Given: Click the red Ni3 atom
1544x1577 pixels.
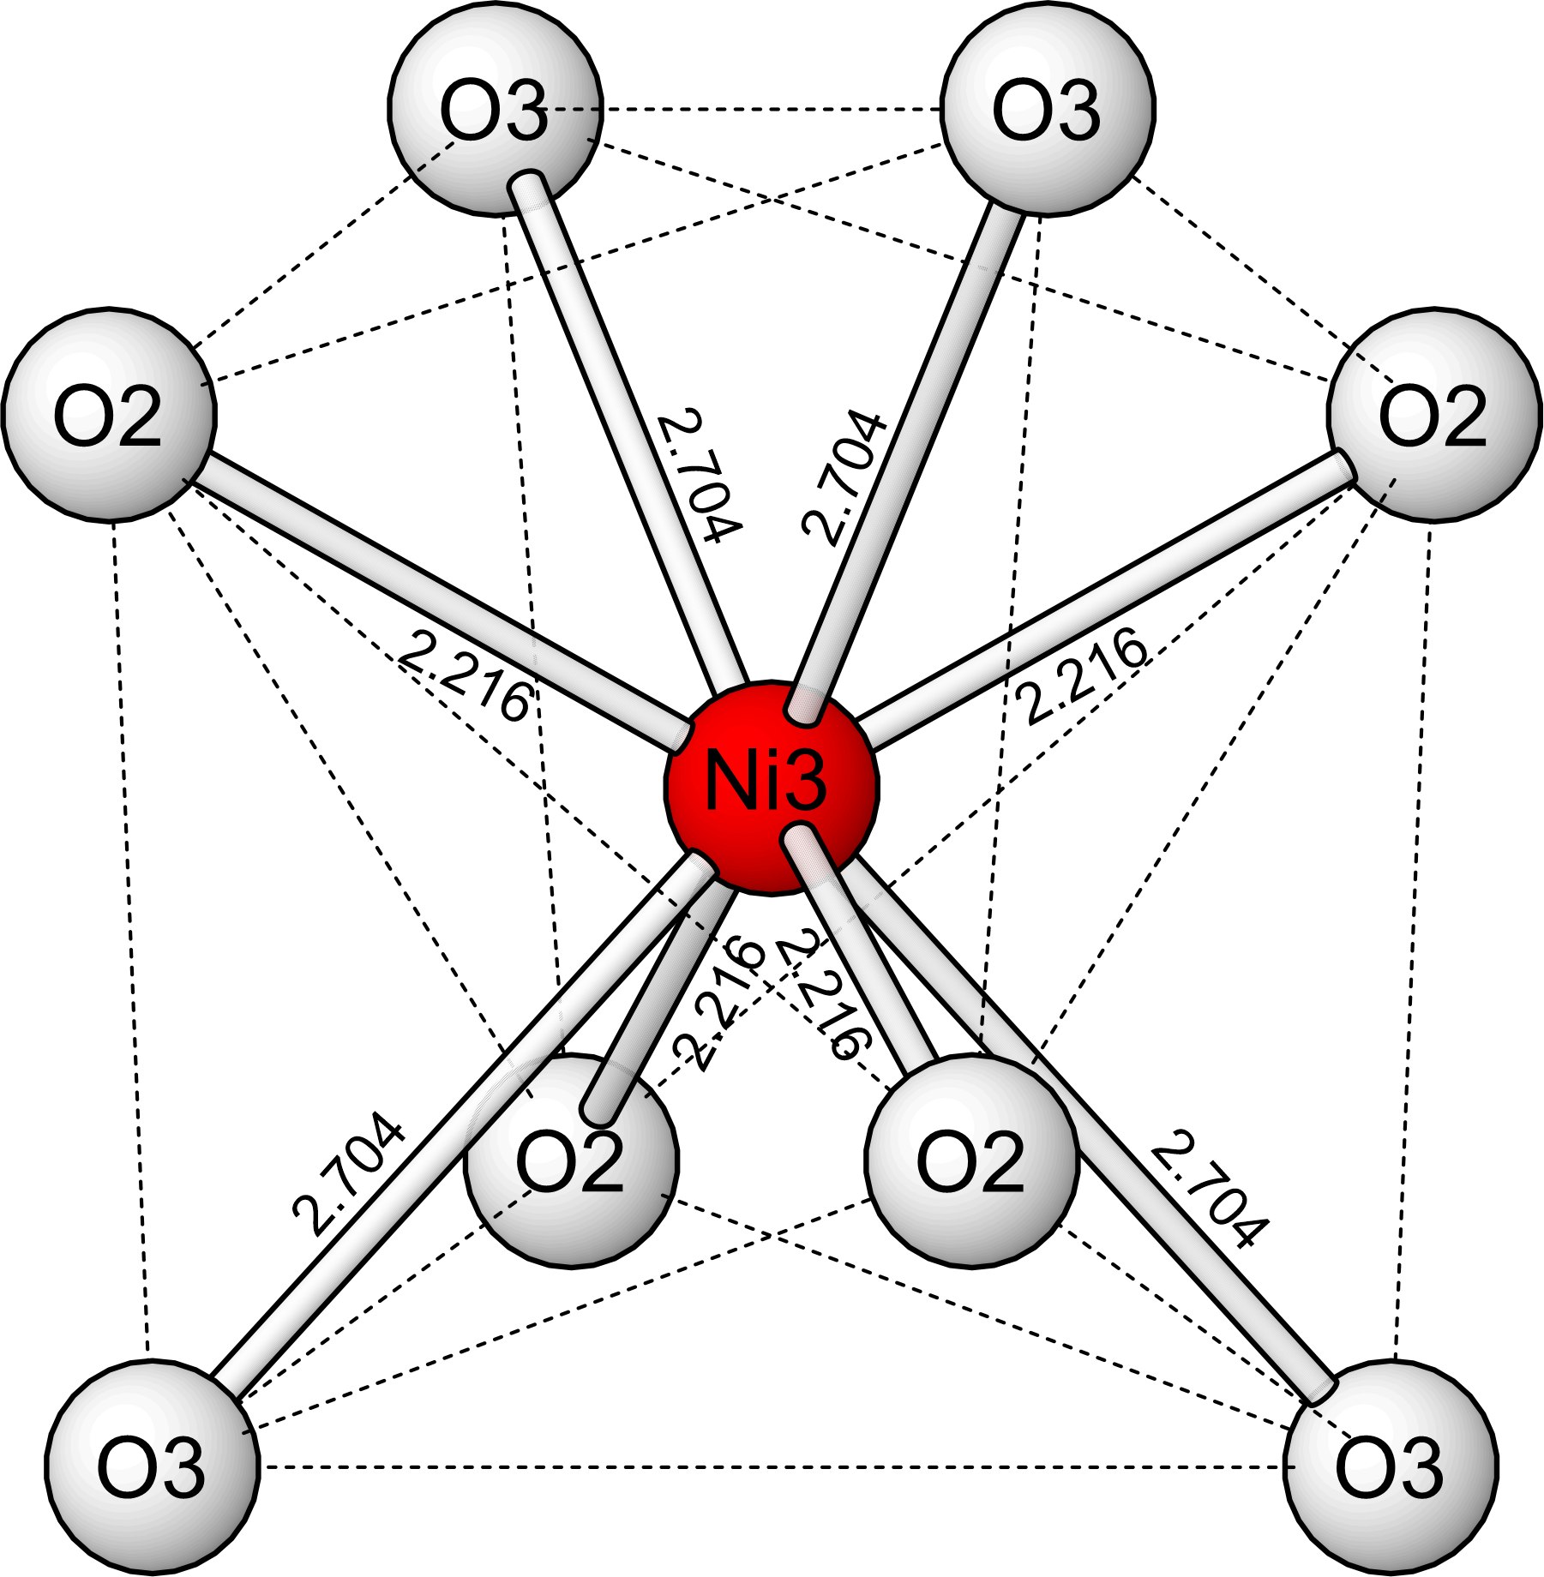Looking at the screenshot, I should [x=772, y=787].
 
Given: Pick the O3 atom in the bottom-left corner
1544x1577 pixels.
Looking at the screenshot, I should [x=152, y=1466].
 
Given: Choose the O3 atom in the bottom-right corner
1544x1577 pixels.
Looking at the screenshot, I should [x=1391, y=1466].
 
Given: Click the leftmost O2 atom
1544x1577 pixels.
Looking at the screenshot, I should [x=109, y=415].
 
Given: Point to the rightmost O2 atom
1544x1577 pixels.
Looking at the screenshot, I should [x=1433, y=415].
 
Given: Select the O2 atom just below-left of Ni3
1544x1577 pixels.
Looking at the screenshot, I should [x=571, y=1160].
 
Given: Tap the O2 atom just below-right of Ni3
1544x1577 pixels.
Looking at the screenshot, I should [x=971, y=1160].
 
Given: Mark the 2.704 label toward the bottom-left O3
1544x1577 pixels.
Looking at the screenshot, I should [x=348, y=1173].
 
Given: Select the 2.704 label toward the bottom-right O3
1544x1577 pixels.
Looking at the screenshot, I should [x=1207, y=1188].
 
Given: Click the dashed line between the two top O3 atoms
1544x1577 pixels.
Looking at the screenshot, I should [x=772, y=110].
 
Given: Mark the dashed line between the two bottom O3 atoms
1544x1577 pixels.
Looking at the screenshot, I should [x=772, y=1467].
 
